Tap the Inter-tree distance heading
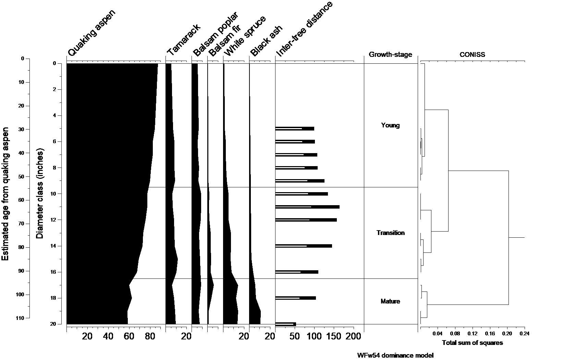tap(304, 29)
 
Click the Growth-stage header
tap(390, 55)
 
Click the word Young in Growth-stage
tap(390, 125)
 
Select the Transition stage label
tap(390, 233)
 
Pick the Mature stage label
tap(390, 301)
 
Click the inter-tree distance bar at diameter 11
tap(307, 207)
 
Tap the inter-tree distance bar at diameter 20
tap(285, 324)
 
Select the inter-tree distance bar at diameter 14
tap(304, 246)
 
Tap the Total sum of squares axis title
tap(472, 343)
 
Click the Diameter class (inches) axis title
tap(40, 194)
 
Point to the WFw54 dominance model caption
tap(395, 356)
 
